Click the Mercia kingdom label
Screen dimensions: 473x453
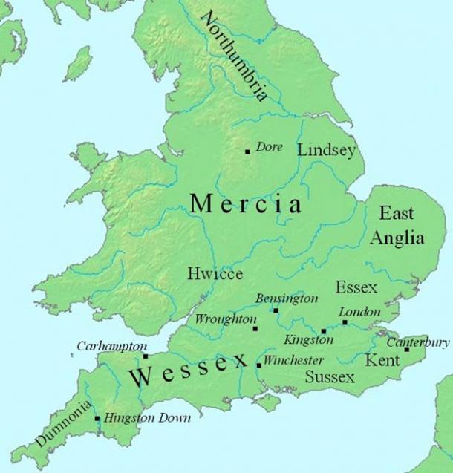point(246,204)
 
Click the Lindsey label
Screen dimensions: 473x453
point(327,150)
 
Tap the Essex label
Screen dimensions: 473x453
point(356,287)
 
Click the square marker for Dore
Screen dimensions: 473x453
point(247,151)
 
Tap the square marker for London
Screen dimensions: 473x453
point(345,322)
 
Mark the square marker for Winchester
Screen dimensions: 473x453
point(258,365)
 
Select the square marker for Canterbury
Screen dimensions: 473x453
point(406,349)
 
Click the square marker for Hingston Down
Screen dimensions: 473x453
point(97,419)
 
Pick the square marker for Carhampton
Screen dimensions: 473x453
point(146,356)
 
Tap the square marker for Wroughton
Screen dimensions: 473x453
point(255,328)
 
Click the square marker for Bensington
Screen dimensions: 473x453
point(276,310)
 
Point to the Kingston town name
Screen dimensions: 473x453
point(307,339)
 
